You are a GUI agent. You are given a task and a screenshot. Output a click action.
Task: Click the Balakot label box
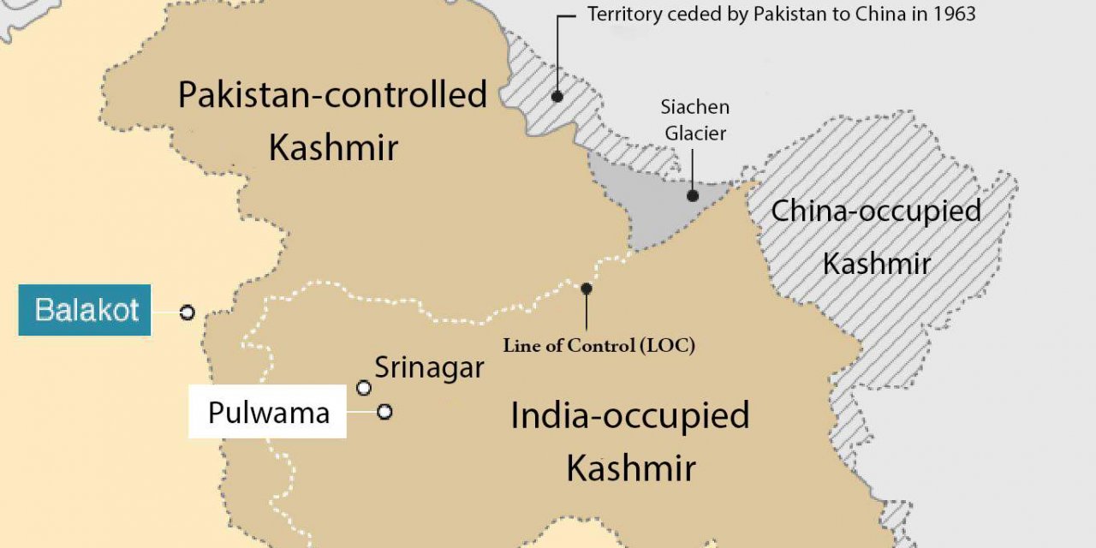point(85,310)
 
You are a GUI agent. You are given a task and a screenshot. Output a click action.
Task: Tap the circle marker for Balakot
point(187,313)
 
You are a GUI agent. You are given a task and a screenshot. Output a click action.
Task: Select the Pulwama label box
point(268,413)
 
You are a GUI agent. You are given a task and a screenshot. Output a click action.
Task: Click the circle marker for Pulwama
point(384,412)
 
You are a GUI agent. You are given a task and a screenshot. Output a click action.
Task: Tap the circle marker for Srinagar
point(364,389)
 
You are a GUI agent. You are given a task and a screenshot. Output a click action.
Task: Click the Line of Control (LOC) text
point(598,346)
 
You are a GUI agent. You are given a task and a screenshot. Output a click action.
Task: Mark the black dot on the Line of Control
point(587,289)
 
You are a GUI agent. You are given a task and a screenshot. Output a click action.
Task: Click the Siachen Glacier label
point(694,120)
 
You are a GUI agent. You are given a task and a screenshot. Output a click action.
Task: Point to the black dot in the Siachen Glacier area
point(692,195)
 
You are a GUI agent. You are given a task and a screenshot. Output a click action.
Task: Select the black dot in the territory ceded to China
point(557,97)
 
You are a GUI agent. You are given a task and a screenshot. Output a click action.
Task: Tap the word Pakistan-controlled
point(332,94)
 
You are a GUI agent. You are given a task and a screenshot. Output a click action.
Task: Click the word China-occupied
point(875,211)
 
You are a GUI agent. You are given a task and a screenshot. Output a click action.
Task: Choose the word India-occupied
point(629,416)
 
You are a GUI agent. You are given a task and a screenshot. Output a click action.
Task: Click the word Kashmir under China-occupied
point(876,264)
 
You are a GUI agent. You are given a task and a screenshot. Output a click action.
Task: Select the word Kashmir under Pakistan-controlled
point(333,148)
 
